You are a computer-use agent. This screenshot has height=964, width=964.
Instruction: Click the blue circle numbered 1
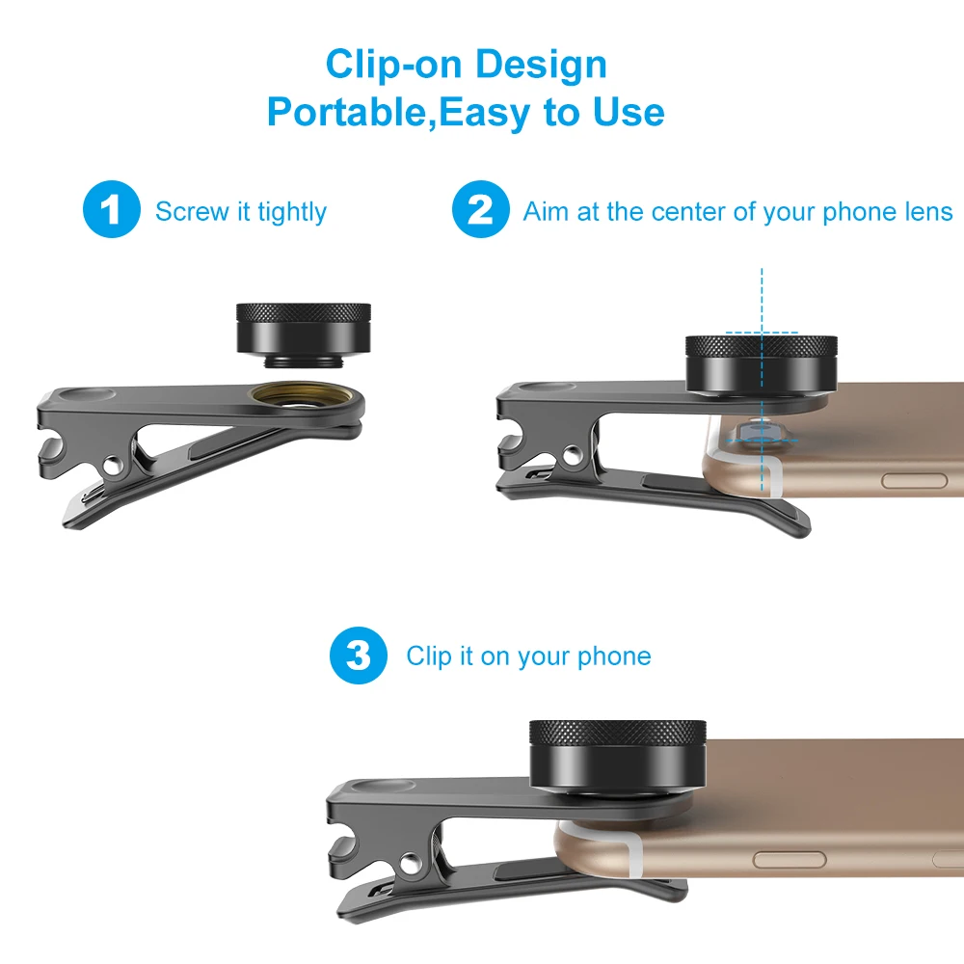pos(113,210)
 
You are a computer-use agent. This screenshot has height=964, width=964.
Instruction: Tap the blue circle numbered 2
pos(480,210)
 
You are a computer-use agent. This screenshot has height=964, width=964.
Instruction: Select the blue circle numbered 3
pos(359,656)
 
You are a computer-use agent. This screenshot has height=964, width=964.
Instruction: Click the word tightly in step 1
pos(292,212)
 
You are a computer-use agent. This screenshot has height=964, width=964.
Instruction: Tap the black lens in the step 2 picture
pos(761,365)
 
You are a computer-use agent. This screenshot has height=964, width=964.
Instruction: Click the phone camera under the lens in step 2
pos(762,431)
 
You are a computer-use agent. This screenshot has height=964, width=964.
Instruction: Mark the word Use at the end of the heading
pos(629,113)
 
